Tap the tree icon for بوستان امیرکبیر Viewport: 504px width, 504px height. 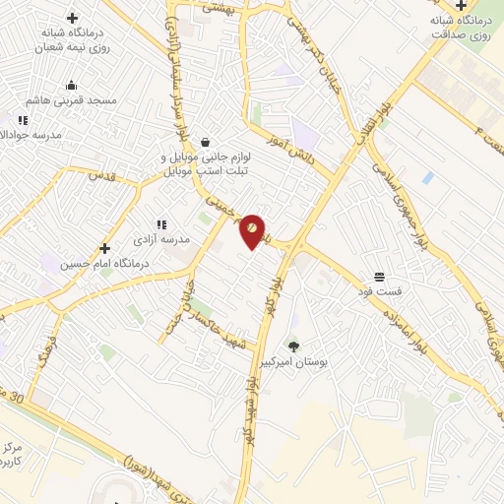pyautogui.click(x=293, y=346)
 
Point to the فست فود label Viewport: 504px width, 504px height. pyautogui.click(x=379, y=292)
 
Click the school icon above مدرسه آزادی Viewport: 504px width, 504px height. pyautogui.click(x=161, y=224)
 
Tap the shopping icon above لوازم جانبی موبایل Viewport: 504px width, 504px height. pyautogui.click(x=204, y=142)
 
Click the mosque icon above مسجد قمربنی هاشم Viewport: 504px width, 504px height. pyautogui.click(x=73, y=85)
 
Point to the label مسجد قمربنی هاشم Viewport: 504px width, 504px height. pyautogui.click(x=73, y=100)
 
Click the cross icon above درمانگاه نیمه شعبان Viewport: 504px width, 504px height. pyautogui.click(x=72, y=18)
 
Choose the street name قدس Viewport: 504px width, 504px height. pyautogui.click(x=101, y=177)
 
